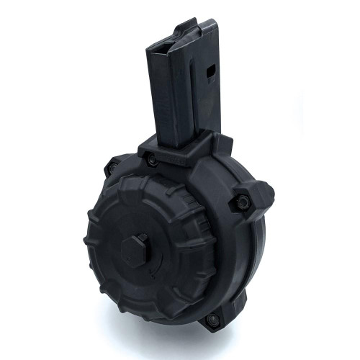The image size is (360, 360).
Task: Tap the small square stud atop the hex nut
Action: coord(141,238)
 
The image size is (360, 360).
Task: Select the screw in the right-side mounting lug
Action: coord(243,202)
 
